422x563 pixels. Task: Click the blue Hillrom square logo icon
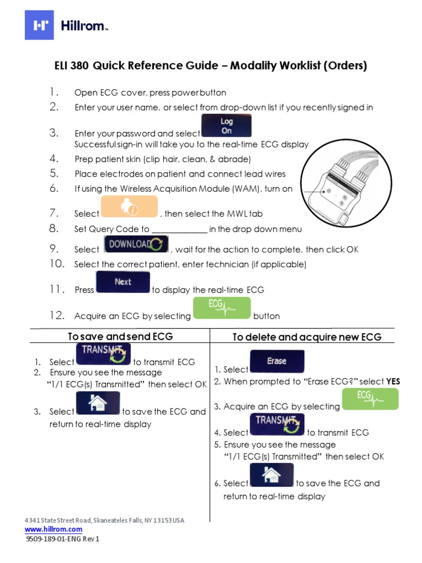point(40,25)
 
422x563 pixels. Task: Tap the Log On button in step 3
point(226,126)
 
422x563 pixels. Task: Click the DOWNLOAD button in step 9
point(136,244)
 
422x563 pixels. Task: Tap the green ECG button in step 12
point(221,308)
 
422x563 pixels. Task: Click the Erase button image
point(277,361)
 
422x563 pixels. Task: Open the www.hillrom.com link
point(53,529)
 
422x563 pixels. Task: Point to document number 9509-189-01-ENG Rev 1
point(63,539)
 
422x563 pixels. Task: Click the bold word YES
point(393,381)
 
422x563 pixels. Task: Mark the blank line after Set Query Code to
point(179,230)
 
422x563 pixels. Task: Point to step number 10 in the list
point(57,264)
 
